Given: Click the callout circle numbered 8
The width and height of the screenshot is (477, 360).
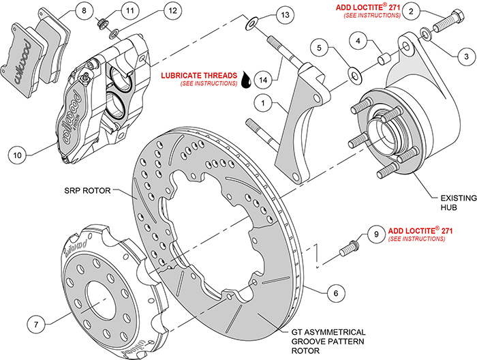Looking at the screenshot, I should point(82,11).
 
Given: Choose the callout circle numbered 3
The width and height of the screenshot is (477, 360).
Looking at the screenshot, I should point(463,55).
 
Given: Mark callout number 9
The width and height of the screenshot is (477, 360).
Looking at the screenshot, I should point(374,233).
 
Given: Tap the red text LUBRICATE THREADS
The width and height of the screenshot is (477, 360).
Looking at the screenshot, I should point(199,74).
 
